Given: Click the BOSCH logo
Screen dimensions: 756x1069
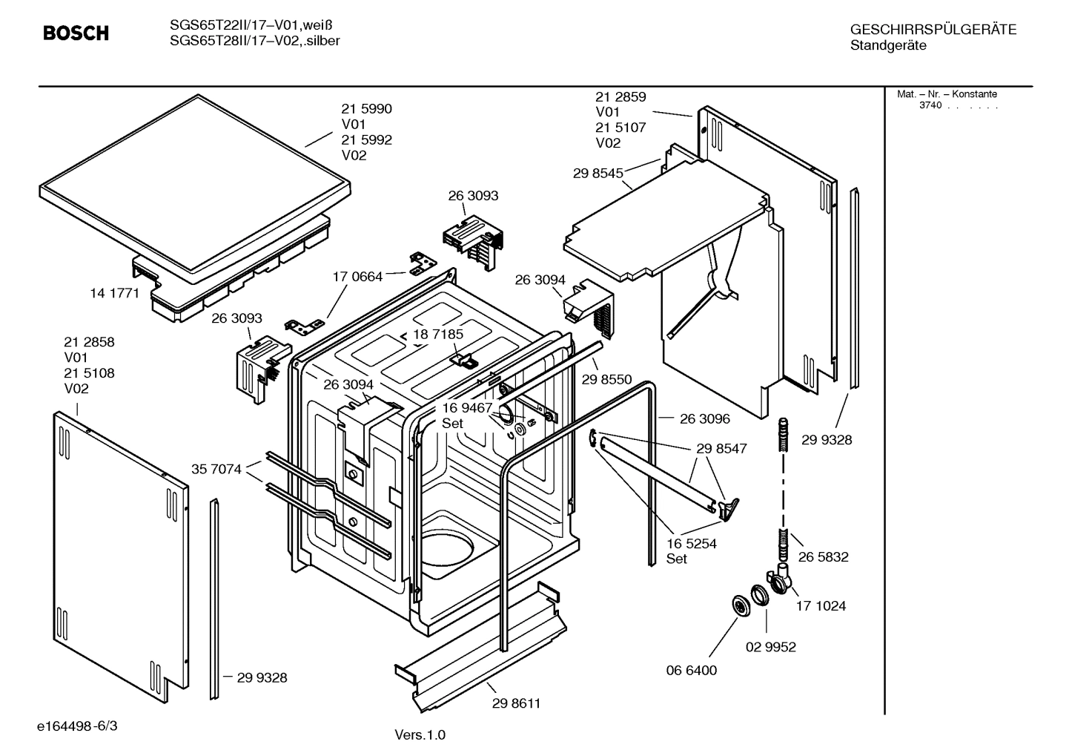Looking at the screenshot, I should (76, 33).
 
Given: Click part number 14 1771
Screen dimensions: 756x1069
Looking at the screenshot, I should (114, 293).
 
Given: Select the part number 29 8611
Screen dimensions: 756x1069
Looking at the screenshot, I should (516, 703).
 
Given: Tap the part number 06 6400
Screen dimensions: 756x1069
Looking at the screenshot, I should (691, 671).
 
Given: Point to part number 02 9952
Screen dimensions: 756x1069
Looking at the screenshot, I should (770, 647).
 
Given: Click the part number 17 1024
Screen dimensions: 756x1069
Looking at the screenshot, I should (821, 606).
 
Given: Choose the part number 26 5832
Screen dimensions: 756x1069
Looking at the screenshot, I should (823, 557).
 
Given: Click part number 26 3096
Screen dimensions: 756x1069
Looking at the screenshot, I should (704, 419).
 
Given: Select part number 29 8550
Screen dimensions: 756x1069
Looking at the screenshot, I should (606, 380).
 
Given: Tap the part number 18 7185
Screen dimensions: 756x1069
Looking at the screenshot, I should (437, 335).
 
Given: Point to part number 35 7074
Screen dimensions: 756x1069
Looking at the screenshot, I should (216, 469).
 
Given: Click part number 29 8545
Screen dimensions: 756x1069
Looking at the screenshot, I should (598, 173).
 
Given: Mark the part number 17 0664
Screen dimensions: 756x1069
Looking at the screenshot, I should (357, 277).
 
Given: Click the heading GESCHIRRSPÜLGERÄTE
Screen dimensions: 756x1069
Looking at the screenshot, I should (933, 30).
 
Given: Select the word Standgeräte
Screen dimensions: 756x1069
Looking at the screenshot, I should (888, 45).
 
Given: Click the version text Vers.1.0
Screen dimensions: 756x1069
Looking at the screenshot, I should (420, 735).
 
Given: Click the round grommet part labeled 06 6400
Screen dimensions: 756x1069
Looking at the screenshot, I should (739, 606).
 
